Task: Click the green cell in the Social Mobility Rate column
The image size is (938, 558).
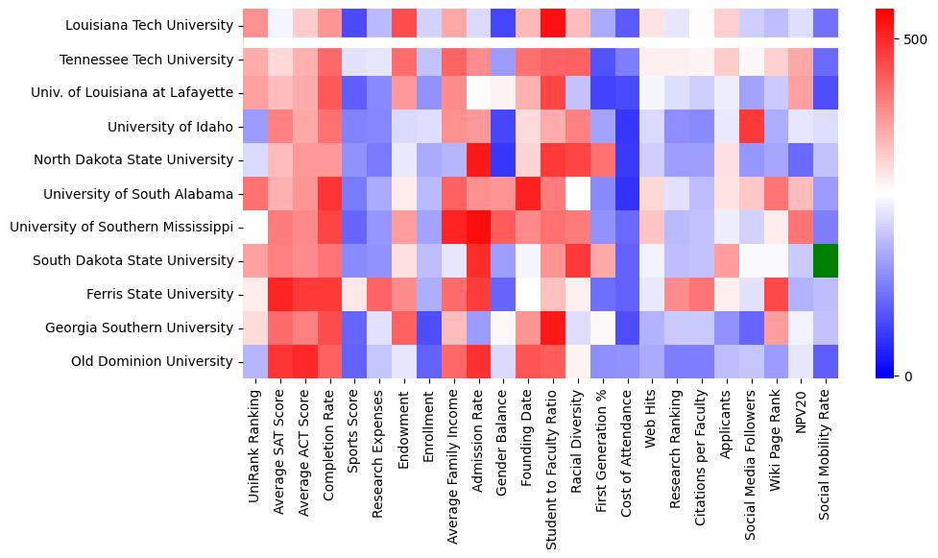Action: click(x=826, y=260)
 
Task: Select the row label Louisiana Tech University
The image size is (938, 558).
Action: click(x=151, y=26)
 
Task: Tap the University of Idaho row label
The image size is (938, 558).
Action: click(x=171, y=127)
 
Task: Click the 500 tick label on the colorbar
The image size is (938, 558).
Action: click(x=915, y=39)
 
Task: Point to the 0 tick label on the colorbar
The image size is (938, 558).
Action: click(x=908, y=376)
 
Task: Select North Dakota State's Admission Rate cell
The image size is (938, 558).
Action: click(x=478, y=159)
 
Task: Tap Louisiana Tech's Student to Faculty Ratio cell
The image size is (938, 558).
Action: click(x=553, y=26)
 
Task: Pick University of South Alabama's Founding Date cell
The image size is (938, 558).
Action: click(x=528, y=193)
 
